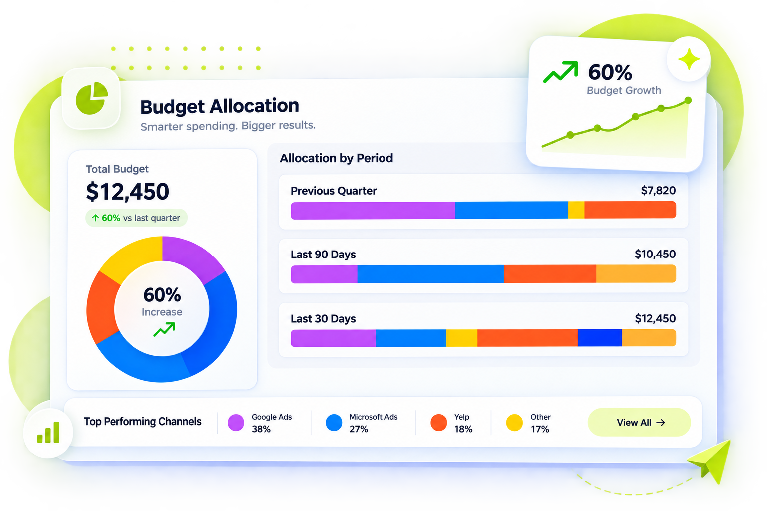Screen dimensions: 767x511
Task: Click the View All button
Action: click(639, 422)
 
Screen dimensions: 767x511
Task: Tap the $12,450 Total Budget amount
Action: click(128, 191)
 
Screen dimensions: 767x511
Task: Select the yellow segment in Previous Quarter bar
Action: click(576, 210)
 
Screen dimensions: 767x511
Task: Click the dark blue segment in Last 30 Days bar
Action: click(600, 338)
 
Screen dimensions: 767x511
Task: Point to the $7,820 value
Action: click(658, 190)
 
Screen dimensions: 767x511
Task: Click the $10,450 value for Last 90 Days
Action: click(655, 254)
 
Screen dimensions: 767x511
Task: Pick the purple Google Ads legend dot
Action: click(236, 422)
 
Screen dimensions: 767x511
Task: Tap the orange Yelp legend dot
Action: click(438, 422)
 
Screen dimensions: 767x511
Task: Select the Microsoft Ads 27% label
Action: click(373, 423)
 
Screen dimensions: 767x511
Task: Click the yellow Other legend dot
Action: click(514, 422)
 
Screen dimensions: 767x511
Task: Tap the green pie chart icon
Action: click(92, 98)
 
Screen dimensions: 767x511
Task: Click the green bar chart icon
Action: click(48, 433)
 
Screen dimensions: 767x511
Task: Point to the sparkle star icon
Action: click(689, 59)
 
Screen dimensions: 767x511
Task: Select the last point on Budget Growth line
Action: click(688, 100)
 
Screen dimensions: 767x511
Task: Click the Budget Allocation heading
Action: click(220, 106)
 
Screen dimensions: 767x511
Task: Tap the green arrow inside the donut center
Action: click(164, 329)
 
